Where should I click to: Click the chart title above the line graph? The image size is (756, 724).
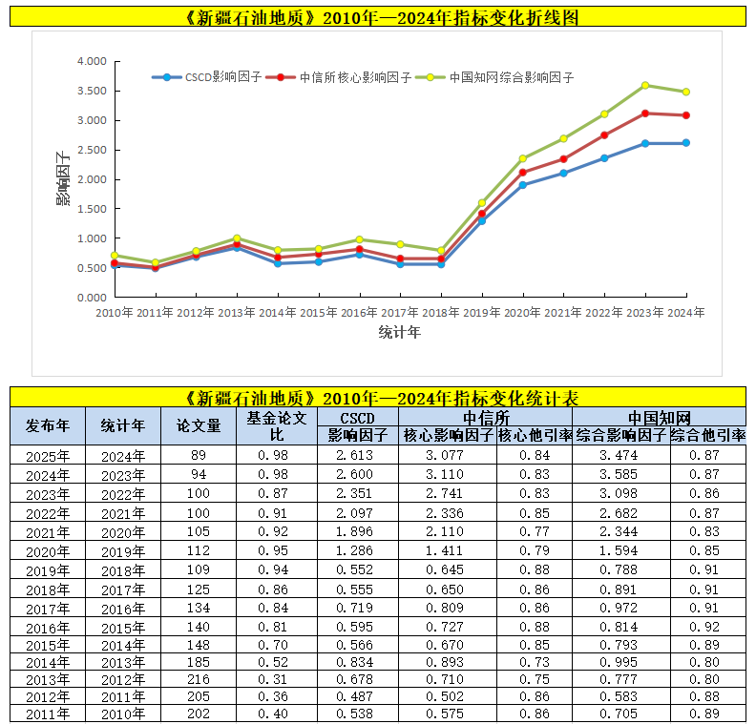(378, 18)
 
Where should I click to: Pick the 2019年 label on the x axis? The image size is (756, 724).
(481, 312)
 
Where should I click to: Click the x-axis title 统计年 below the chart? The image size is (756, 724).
(399, 333)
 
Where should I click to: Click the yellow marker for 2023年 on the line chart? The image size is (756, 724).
(645, 86)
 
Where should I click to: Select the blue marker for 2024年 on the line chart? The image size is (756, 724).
(685, 143)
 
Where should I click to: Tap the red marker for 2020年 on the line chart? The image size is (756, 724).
(522, 173)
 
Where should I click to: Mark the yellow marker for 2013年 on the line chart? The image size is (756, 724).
(237, 238)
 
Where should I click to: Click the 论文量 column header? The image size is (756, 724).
(199, 426)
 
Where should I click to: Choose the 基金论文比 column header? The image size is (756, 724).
(277, 426)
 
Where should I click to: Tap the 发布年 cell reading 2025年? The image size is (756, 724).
(48, 456)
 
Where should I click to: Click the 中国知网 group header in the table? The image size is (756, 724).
(659, 418)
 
